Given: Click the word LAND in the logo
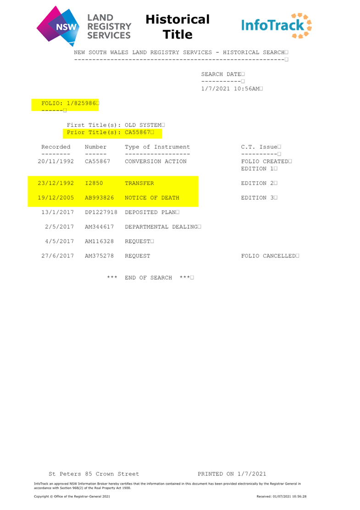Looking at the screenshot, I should (x=100, y=18).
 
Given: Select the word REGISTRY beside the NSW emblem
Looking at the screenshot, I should (x=109, y=27).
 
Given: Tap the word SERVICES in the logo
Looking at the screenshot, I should (x=109, y=35).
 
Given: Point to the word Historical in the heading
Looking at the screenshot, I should (x=177, y=19).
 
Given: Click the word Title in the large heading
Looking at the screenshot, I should (x=177, y=34).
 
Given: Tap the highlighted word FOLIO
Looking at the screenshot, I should (x=50, y=103).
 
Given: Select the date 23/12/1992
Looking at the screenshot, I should (x=56, y=183).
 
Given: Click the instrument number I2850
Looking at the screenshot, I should (x=94, y=183).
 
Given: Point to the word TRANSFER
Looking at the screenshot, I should (x=139, y=183).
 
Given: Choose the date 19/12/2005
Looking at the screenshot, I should (x=56, y=198).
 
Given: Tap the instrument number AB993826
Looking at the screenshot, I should (x=100, y=198).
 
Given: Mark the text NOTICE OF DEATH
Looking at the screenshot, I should (x=152, y=198).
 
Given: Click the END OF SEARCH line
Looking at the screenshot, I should (x=150, y=278).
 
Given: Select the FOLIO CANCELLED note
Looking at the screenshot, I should (x=270, y=256).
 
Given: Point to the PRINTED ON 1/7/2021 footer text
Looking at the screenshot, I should (x=232, y=474).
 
